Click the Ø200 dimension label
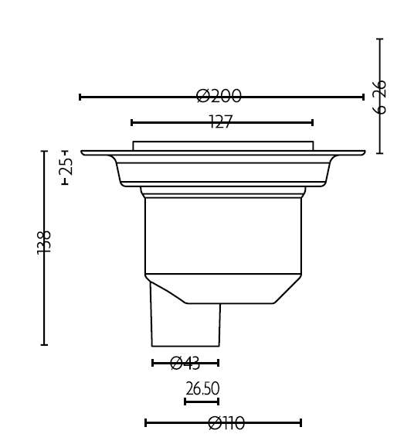point(219,97)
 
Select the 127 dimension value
point(221,122)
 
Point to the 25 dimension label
point(66,166)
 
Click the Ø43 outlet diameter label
point(185,362)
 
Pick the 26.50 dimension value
point(202,388)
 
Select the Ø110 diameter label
point(226,422)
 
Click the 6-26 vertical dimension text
point(379,97)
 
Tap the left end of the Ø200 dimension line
point(80,97)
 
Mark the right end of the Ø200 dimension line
point(363,97)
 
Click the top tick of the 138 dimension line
point(44,152)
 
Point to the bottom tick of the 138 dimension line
point(44,344)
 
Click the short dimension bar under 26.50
point(202,401)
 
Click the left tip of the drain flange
point(83,152)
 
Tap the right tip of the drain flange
point(363,152)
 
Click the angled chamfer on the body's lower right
point(287,289)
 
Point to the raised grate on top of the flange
point(222,145)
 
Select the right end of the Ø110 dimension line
point(300,422)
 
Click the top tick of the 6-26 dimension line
point(379,39)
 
